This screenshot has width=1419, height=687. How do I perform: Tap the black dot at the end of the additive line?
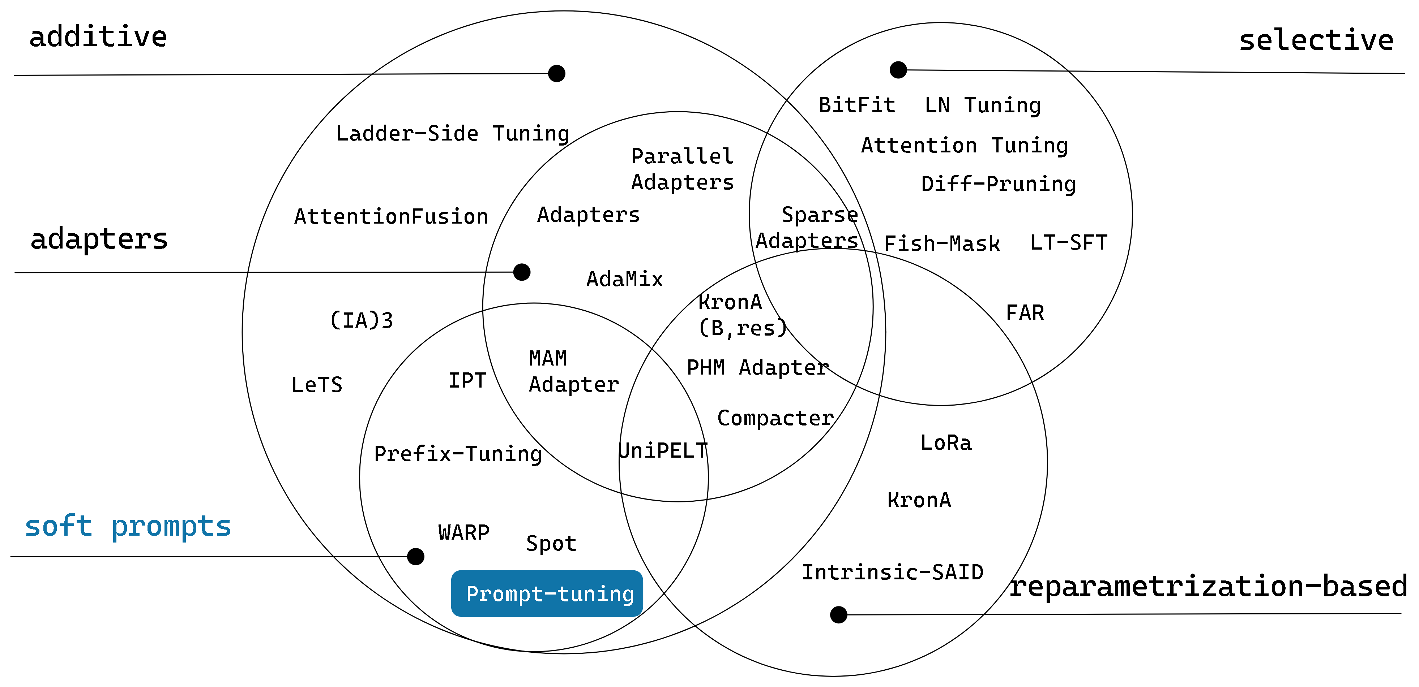tap(556, 73)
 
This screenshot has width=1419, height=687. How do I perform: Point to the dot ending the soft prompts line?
tap(415, 557)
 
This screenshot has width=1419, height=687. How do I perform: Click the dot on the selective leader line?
tap(898, 70)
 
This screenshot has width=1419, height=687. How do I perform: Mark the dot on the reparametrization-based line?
tap(838, 614)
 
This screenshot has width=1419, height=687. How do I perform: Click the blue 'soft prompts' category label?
tap(128, 526)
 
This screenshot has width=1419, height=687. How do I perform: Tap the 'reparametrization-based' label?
tap(1208, 586)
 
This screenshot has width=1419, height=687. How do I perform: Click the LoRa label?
tap(946, 442)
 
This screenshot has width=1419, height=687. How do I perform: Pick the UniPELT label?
tap(663, 451)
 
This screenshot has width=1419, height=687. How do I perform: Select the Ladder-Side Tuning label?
tap(452, 134)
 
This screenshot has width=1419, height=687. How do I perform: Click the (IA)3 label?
tap(362, 320)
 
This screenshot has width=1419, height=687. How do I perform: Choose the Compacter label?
tap(775, 418)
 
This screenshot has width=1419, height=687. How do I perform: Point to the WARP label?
tap(464, 532)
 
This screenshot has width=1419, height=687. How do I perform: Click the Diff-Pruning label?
tap(998, 184)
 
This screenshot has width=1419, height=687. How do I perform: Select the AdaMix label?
tap(624, 279)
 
